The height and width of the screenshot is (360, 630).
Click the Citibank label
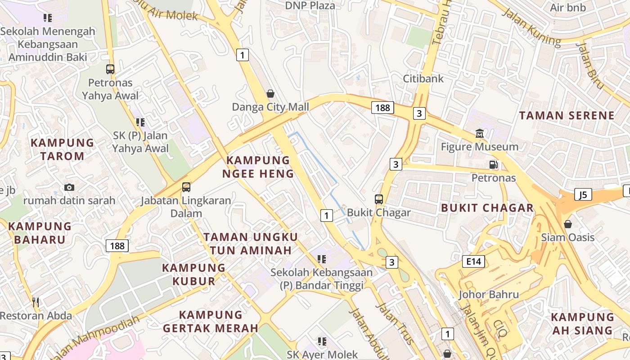423,78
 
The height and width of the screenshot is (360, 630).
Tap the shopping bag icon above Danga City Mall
270,94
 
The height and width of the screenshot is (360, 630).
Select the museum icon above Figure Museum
480,134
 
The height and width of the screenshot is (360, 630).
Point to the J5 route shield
583,195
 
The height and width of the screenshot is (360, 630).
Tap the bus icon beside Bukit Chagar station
379,199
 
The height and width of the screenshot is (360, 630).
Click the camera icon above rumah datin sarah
69,187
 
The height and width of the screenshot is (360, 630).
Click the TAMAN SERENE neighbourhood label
567,115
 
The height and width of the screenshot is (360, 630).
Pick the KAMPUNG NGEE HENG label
258,167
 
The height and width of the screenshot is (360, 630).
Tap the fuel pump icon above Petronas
494,165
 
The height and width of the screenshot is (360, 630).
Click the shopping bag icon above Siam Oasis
568,224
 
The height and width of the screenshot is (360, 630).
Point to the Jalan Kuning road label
531,27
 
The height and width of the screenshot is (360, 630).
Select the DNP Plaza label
310,5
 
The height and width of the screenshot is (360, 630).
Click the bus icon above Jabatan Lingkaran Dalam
186,187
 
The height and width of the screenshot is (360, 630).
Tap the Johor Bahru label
489,295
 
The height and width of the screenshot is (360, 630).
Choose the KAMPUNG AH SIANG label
582,324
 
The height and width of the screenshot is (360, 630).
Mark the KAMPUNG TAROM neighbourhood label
63,149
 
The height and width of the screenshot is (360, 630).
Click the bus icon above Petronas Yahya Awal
110,69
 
